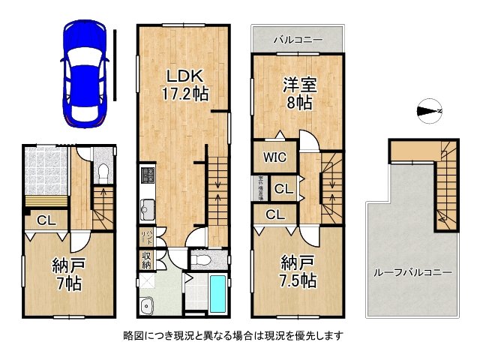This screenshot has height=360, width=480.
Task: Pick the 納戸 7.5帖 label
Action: click(x=298, y=271)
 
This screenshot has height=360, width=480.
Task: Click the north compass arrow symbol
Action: click(x=429, y=112)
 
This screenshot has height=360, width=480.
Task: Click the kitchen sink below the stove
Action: click(x=147, y=207)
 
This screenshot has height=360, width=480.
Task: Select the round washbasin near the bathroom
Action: click(x=145, y=304)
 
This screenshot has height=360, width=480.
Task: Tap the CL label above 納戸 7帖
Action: click(x=46, y=220)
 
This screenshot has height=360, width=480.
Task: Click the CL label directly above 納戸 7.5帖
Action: click(x=275, y=214)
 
